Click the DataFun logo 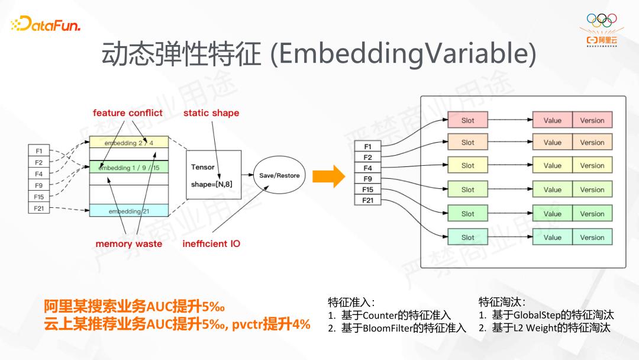[x=46, y=25]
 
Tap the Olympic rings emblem [x=601, y=20]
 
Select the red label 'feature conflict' [x=127, y=113]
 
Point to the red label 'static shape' [x=211, y=113]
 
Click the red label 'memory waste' [x=128, y=244]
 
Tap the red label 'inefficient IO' [x=211, y=244]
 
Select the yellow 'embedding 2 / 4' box [x=128, y=143]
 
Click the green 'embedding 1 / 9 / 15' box [x=128, y=168]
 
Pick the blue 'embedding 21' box [x=128, y=211]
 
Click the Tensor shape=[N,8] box [x=213, y=175]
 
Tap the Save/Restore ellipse [x=279, y=175]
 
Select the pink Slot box [x=467, y=120]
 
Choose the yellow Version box [x=592, y=166]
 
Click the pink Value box [x=552, y=120]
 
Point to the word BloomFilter [x=387, y=328]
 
